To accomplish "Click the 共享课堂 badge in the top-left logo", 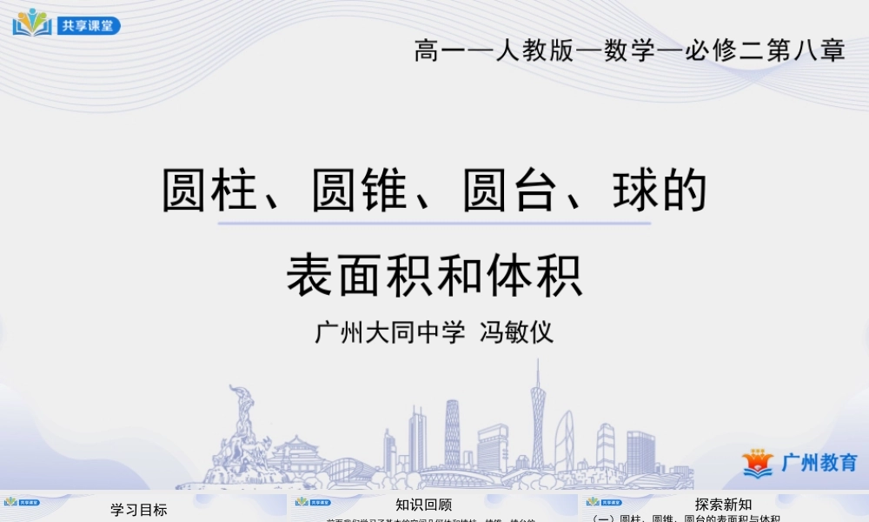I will point(89,25).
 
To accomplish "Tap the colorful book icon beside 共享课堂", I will point(32,23).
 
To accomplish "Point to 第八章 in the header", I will point(809,50).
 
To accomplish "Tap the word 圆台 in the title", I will point(508,191).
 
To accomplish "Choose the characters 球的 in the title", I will point(658,191).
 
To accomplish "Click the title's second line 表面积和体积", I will point(434,274).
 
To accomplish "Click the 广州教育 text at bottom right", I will point(819,462).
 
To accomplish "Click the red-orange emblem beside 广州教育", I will point(757,463).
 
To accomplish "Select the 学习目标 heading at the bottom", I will point(139,510).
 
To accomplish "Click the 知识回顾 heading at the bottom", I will point(424,505).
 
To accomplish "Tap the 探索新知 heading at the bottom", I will point(723,505).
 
